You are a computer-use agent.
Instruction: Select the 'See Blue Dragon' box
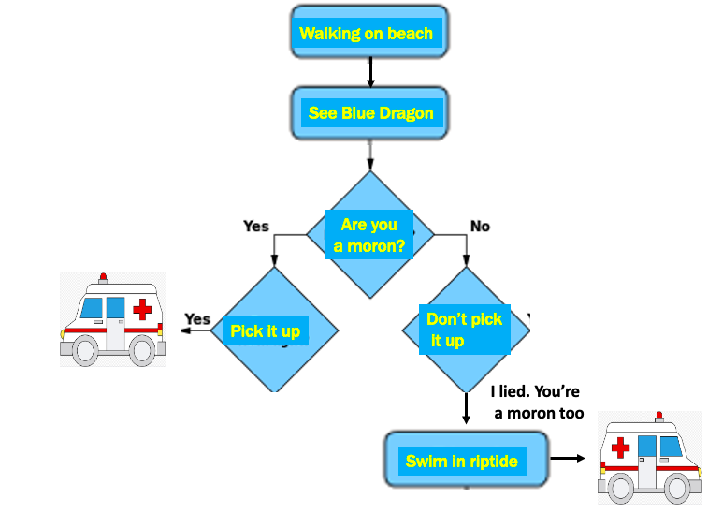click(x=370, y=113)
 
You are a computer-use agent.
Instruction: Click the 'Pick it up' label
click(x=266, y=331)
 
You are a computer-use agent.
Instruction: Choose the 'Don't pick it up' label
click(x=464, y=330)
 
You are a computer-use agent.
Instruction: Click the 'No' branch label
click(x=480, y=226)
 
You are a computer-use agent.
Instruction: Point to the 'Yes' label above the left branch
click(x=255, y=226)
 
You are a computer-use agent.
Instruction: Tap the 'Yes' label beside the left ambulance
click(x=197, y=319)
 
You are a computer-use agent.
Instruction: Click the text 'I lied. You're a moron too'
click(x=537, y=403)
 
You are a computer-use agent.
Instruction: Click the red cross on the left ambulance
click(x=142, y=309)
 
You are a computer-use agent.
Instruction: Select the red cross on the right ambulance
click(x=620, y=448)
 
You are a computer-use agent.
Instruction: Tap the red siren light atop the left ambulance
click(x=103, y=277)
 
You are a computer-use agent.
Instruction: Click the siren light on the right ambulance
click(x=659, y=415)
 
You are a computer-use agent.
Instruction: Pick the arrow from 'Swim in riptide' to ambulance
click(x=567, y=459)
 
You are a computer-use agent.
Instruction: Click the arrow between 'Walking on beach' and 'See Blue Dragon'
click(x=370, y=71)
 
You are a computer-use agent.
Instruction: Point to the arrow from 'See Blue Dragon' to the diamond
click(x=370, y=154)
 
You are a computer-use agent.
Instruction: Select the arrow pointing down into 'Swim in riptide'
click(x=465, y=409)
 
